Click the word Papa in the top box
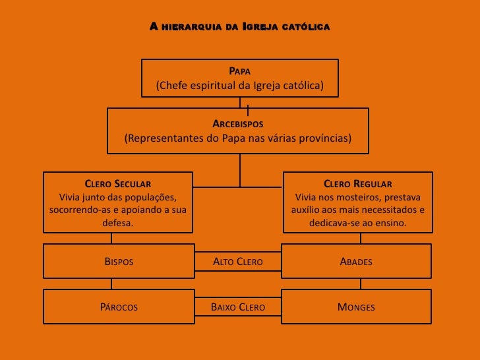click(239, 71)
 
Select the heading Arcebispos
click(238, 124)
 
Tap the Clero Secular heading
click(118, 184)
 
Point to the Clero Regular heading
click(358, 184)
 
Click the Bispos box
click(119, 262)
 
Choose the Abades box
click(356, 262)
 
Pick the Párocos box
click(119, 307)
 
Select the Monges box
click(356, 307)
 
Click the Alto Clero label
click(238, 262)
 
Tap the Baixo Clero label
click(238, 307)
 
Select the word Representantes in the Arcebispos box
click(160, 139)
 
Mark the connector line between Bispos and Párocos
click(111, 284)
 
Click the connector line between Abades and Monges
click(360, 284)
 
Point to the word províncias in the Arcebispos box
click(324, 139)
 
